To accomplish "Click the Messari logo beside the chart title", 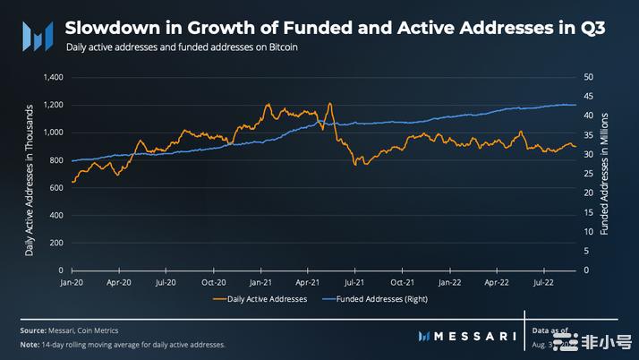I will tap(35, 37).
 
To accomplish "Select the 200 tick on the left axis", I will tap(55, 243).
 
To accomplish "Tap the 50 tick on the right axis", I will tap(588, 78).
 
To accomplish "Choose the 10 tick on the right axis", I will tap(588, 232).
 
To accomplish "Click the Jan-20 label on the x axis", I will tap(72, 280).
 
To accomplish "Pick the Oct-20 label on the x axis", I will tap(213, 280).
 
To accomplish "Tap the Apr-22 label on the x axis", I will tap(496, 280).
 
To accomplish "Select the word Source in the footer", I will tap(35, 331).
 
